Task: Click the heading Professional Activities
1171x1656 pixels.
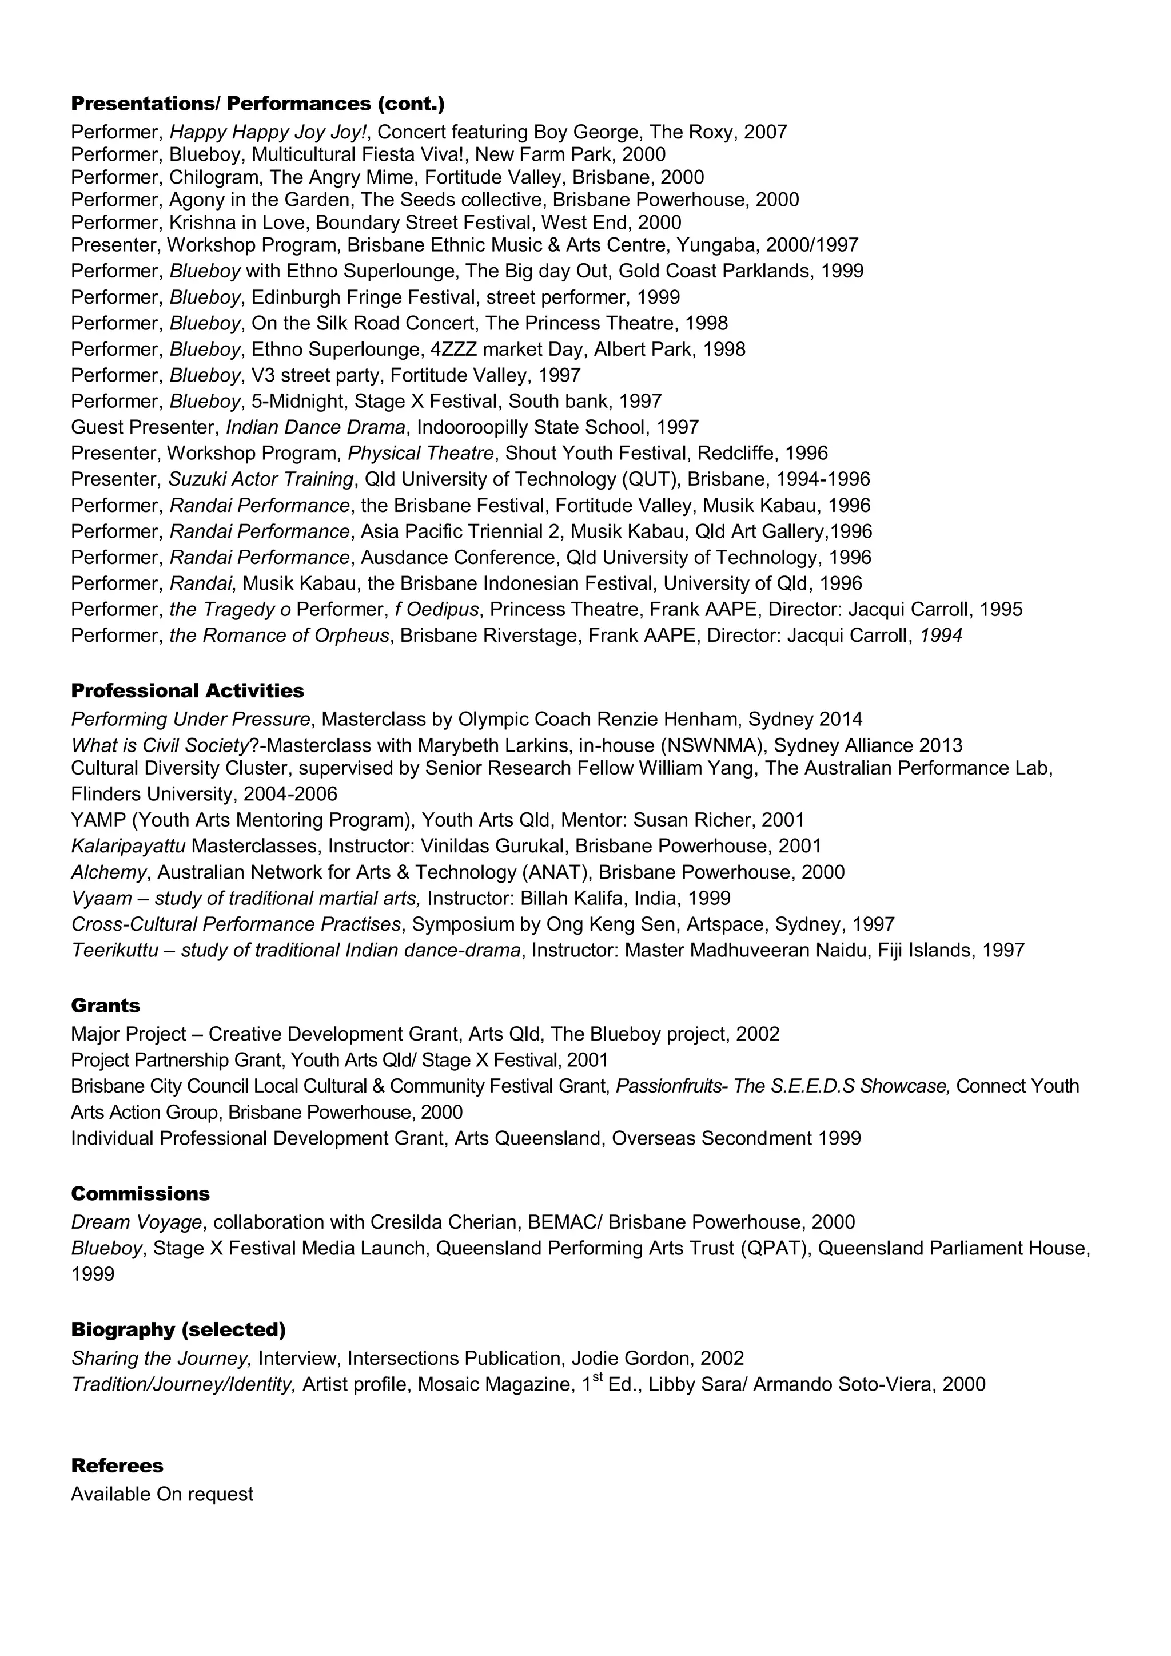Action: coord(188,690)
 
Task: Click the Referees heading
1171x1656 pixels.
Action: coord(117,1465)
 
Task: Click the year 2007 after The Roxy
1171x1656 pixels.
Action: coord(765,132)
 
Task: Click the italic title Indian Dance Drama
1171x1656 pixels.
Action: coord(316,427)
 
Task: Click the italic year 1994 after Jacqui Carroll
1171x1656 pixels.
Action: coord(941,636)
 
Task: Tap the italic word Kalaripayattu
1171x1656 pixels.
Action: coord(128,845)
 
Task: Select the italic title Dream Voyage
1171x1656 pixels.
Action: coord(136,1222)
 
